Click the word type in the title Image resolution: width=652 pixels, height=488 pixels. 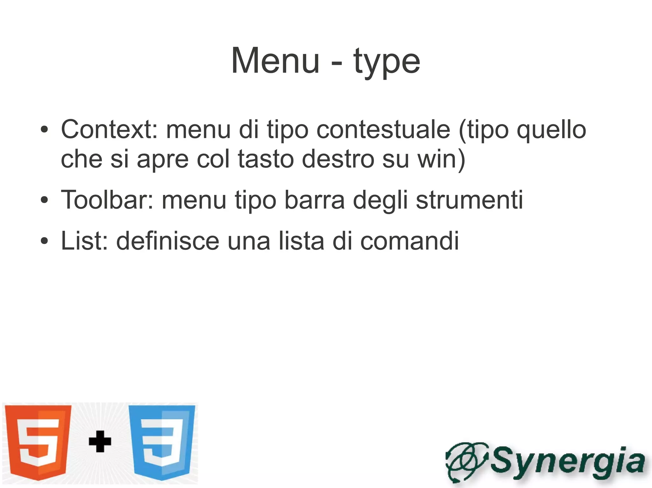click(386, 62)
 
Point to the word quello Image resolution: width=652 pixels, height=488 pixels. click(551, 130)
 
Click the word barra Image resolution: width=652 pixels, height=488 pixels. click(315, 200)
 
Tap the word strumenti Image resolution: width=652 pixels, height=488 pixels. click(469, 200)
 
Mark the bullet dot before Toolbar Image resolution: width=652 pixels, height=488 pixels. click(45, 200)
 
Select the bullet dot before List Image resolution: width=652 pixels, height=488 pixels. click(45, 241)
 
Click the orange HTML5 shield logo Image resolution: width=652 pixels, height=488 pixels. click(39, 442)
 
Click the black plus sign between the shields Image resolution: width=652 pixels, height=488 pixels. click(100, 441)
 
